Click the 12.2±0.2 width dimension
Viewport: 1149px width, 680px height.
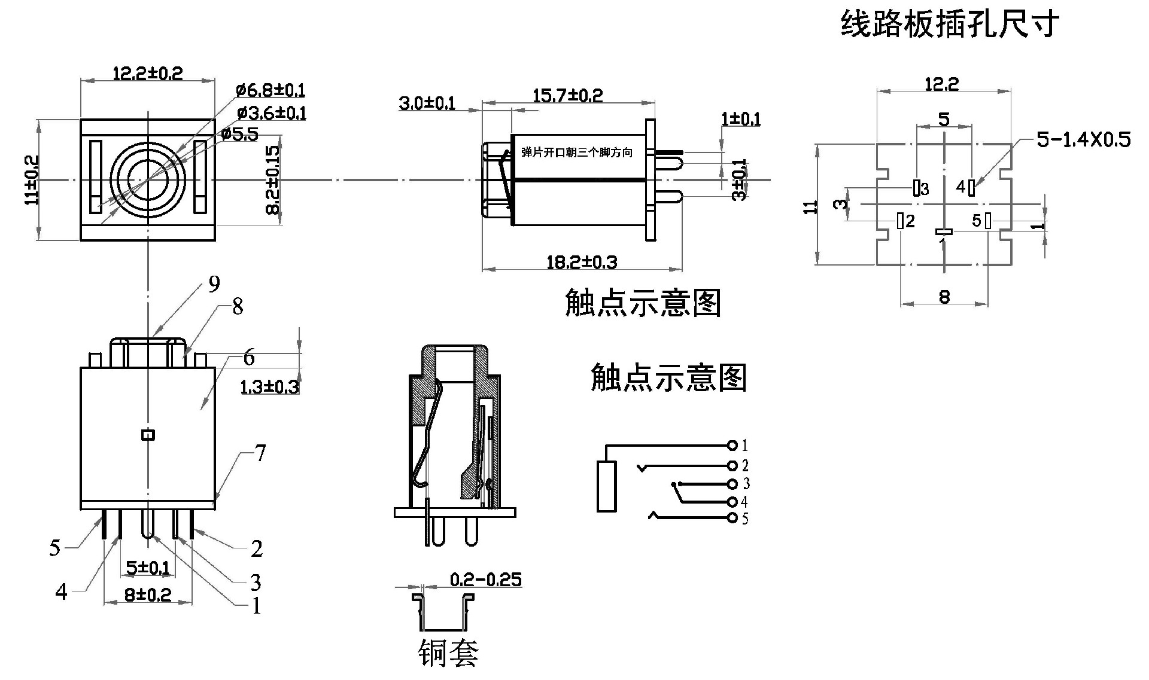[148, 73]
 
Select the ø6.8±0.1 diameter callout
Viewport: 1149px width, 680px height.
[270, 90]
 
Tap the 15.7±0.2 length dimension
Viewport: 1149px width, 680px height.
[567, 94]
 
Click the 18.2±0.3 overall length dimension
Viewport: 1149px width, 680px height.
[582, 261]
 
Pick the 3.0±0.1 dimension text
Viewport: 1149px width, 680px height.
[427, 103]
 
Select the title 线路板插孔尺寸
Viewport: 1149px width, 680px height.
[950, 24]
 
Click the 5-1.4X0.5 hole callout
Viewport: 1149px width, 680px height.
[1083, 139]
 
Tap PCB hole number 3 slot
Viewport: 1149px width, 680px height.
[916, 188]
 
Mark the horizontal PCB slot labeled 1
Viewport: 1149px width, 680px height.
[944, 231]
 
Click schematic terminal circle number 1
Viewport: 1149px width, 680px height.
[732, 445]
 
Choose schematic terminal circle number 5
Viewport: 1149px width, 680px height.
[732, 518]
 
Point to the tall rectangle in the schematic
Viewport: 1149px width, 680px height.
[606, 486]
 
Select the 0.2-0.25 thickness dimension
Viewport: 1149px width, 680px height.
[485, 579]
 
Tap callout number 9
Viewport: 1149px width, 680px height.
[214, 284]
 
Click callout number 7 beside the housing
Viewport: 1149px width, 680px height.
[260, 453]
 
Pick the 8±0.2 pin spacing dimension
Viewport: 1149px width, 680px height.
[148, 594]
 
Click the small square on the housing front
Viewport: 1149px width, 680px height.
[148, 435]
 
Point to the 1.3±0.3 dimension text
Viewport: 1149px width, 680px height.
[269, 387]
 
